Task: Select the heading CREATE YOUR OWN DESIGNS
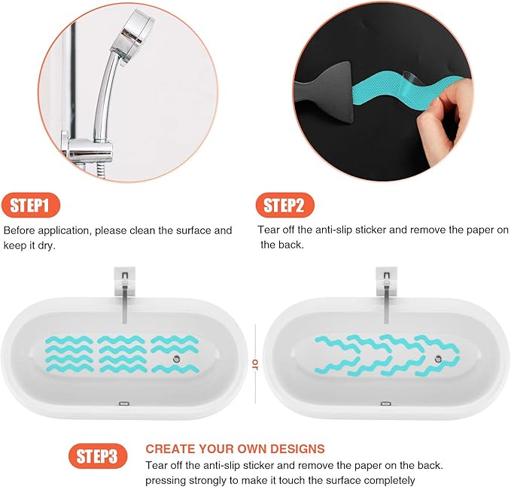pyautogui.click(x=235, y=449)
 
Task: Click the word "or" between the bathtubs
pyautogui.click(x=255, y=364)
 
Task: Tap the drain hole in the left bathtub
pyautogui.click(x=175, y=360)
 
